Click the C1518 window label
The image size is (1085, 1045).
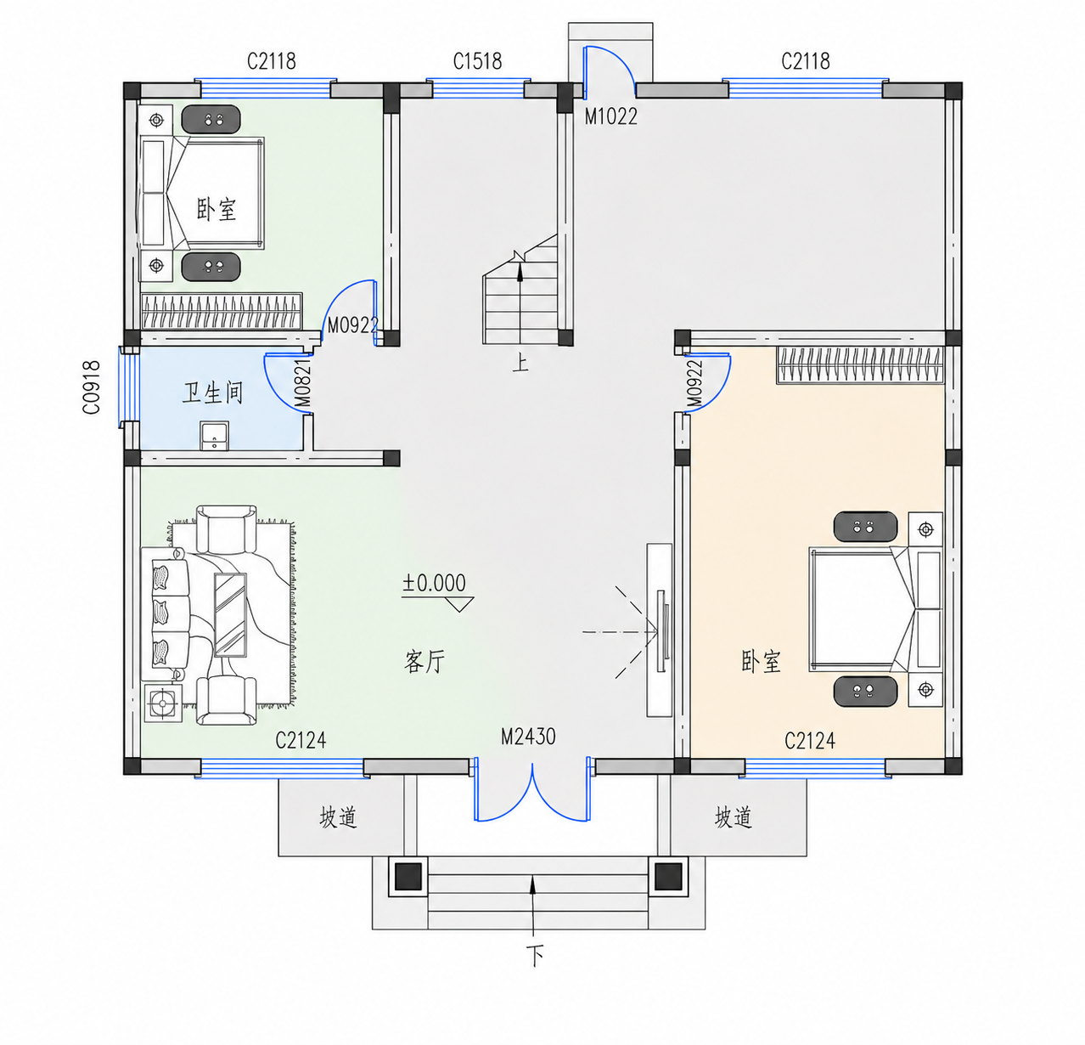(x=477, y=61)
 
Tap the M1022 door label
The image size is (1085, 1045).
(x=611, y=116)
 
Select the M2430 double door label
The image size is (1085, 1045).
(x=528, y=737)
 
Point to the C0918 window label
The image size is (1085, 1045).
(x=92, y=387)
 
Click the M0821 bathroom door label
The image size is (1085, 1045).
(x=302, y=383)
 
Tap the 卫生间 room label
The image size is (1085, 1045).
(x=212, y=393)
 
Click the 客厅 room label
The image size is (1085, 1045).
(x=424, y=662)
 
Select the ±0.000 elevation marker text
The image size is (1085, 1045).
(x=434, y=583)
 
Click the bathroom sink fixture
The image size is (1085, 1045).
(x=214, y=435)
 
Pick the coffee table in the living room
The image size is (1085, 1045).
(x=230, y=615)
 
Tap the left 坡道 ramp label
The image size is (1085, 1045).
(x=338, y=818)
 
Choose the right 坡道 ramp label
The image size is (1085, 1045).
(x=734, y=817)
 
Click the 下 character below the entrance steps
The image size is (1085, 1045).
(x=534, y=956)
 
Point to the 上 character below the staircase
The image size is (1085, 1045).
(x=520, y=364)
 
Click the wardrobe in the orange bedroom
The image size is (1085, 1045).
(x=860, y=365)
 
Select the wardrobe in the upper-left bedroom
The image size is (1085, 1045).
(x=222, y=311)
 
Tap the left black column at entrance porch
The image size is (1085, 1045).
(x=408, y=877)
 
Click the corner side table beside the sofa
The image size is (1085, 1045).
(x=163, y=703)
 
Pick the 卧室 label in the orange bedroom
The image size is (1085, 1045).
(x=761, y=662)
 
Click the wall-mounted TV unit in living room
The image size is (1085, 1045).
(x=660, y=630)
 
